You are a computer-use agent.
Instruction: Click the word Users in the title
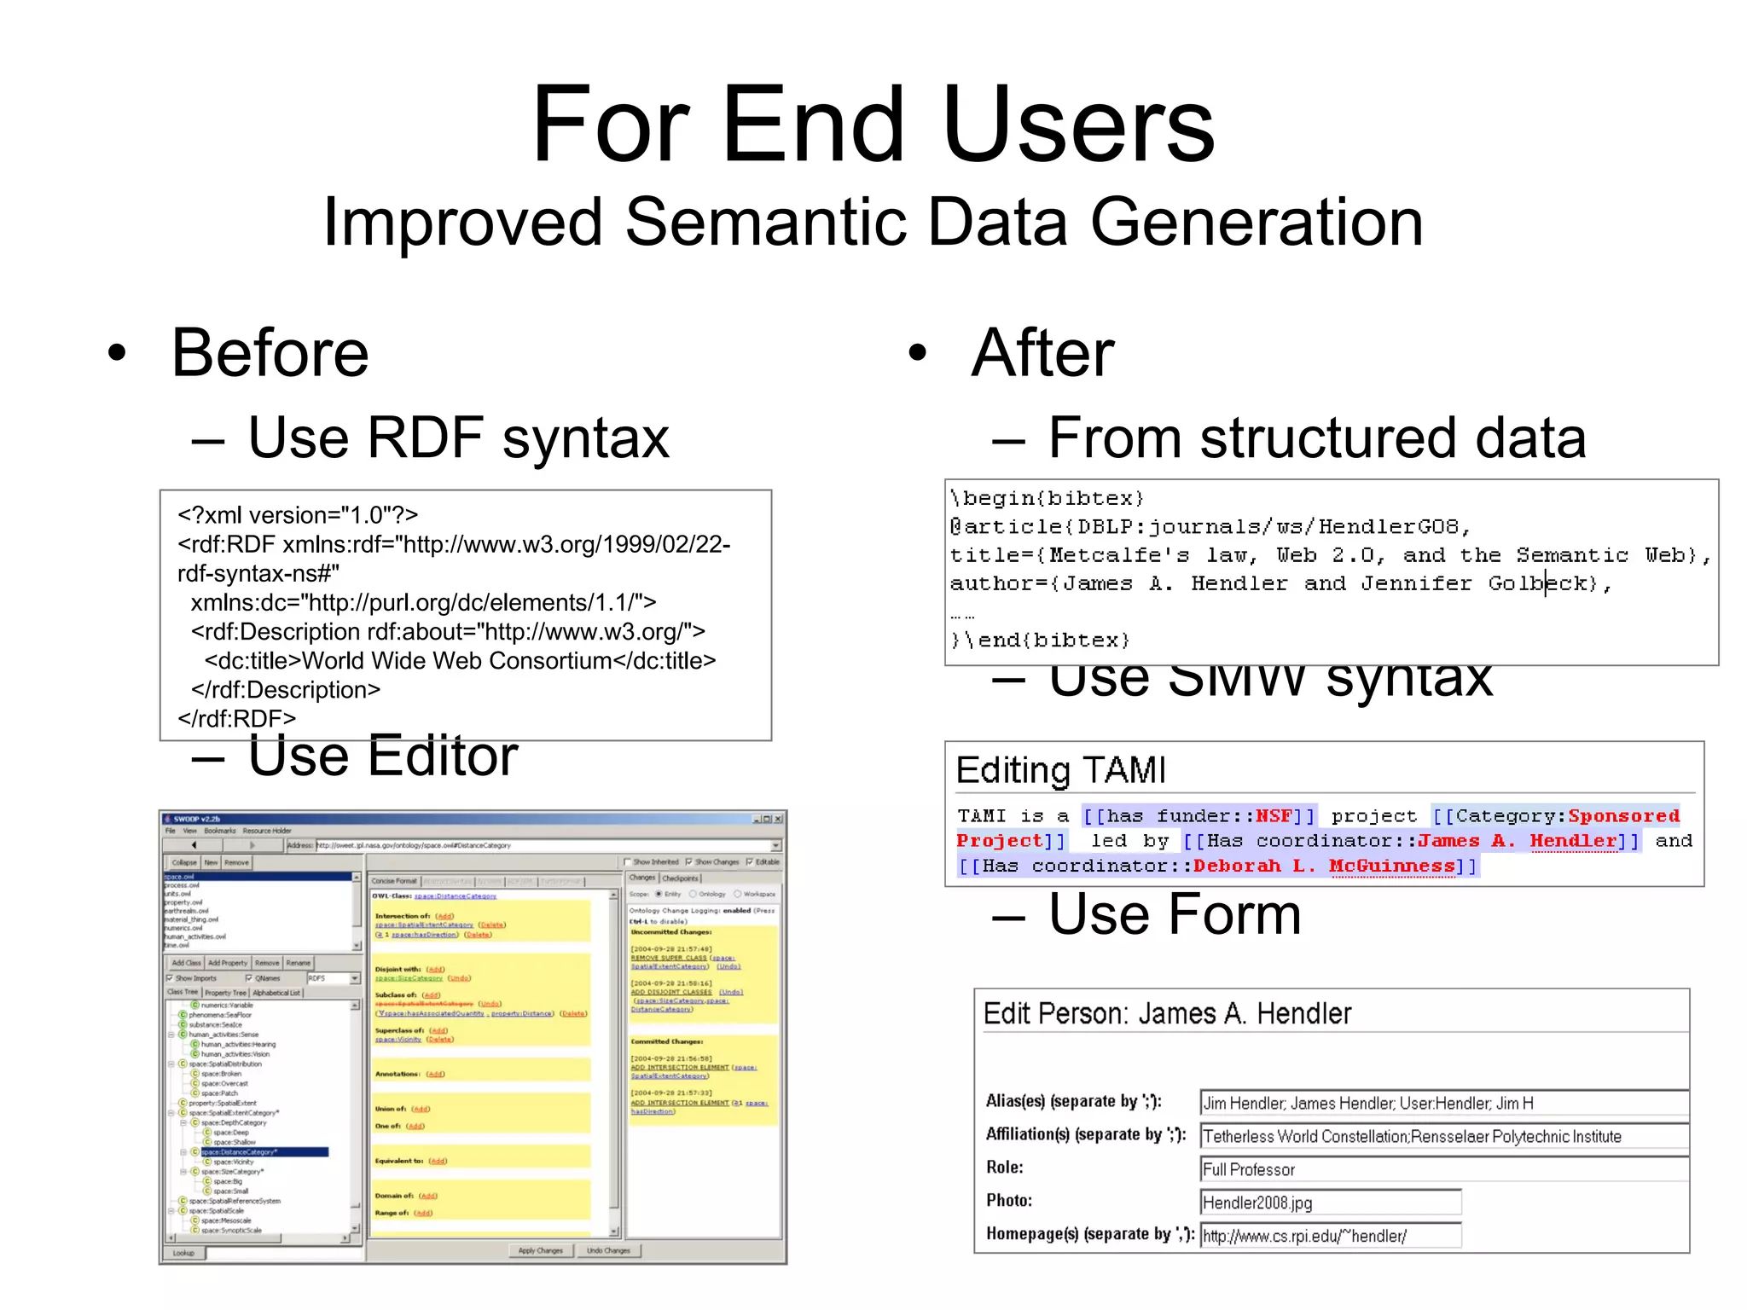(x=1078, y=125)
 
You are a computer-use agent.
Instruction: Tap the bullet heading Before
(x=270, y=353)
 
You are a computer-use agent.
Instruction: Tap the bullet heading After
(x=1042, y=353)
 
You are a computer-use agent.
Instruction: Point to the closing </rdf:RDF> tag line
(x=236, y=718)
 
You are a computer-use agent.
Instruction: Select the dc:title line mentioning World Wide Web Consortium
(x=460, y=661)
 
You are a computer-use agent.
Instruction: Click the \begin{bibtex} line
(x=1047, y=498)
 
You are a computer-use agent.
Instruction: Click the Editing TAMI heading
(x=1060, y=770)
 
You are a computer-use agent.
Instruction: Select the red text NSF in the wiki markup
(x=1274, y=816)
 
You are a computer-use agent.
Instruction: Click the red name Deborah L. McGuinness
(x=1323, y=866)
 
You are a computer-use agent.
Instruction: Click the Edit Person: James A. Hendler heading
(x=1167, y=1013)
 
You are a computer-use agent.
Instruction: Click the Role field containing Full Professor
(x=1442, y=1169)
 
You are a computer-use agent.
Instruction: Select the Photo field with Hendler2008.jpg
(x=1330, y=1203)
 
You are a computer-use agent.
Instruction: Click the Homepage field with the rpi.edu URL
(x=1330, y=1236)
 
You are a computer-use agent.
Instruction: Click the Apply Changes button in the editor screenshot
(x=540, y=1250)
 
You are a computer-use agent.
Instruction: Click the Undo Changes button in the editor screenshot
(x=608, y=1250)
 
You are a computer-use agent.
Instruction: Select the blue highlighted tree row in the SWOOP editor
(x=264, y=1152)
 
